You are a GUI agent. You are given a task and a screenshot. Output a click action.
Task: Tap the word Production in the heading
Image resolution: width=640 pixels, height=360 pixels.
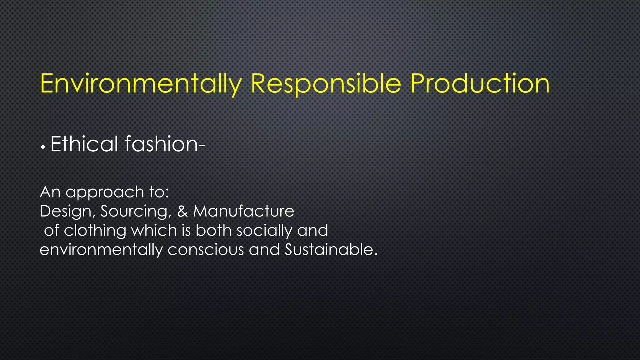click(480, 84)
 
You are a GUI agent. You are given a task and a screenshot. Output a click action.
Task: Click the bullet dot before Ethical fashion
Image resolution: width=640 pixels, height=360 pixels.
click(43, 147)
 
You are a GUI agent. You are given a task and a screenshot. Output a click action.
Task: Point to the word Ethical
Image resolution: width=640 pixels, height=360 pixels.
click(84, 144)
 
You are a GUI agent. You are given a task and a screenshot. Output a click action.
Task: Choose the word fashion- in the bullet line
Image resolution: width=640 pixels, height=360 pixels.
click(165, 144)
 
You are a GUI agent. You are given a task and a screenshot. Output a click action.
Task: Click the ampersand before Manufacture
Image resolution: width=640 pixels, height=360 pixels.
click(182, 211)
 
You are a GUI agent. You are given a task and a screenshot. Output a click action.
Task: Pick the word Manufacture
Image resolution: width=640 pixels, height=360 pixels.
click(243, 211)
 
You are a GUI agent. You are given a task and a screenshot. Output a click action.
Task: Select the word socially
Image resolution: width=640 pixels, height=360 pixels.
click(264, 231)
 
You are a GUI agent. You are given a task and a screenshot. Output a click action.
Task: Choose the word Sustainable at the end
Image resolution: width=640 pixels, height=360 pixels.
click(331, 250)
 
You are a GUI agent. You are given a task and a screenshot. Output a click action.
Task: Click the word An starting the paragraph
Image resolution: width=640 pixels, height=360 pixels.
click(50, 192)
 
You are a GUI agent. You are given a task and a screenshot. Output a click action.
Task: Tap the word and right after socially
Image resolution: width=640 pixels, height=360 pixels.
click(312, 231)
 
